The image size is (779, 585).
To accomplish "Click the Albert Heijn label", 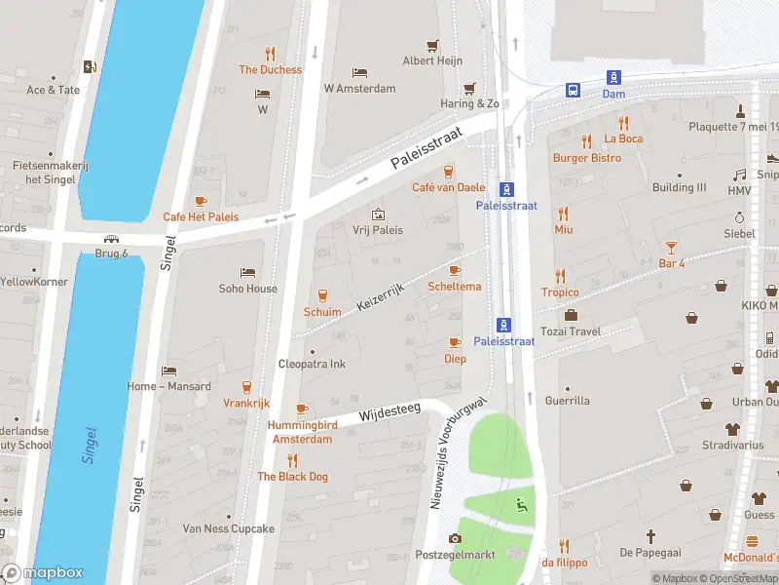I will [x=431, y=60].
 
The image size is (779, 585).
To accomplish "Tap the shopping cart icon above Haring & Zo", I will [x=470, y=88].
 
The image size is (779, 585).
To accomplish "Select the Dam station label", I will [x=613, y=94].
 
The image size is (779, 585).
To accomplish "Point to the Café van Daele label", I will [x=448, y=187].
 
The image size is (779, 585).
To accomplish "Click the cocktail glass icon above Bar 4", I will [x=671, y=247].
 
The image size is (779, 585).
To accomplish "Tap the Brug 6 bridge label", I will [x=112, y=253].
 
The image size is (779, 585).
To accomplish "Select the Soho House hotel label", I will [x=247, y=289].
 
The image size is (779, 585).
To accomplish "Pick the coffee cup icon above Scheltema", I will [x=455, y=270].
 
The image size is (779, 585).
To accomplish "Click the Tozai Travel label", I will [x=599, y=331].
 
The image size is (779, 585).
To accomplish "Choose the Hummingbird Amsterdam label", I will [x=301, y=432].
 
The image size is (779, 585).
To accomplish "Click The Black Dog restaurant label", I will [x=292, y=476].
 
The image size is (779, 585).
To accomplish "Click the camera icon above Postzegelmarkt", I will [x=455, y=538].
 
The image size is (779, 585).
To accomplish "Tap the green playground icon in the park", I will [x=521, y=504].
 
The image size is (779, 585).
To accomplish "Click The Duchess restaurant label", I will [x=271, y=70].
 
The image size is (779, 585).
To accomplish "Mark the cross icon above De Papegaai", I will [x=651, y=536].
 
